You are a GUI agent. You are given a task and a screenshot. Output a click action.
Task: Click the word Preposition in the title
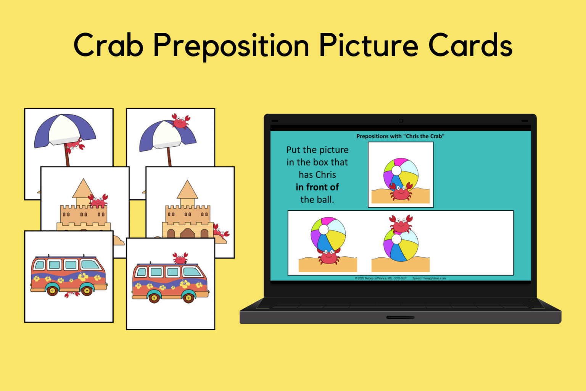pyautogui.click(x=231, y=46)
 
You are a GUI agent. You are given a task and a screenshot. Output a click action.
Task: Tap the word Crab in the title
pyautogui.click(x=108, y=46)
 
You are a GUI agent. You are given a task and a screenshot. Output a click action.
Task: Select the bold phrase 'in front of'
pyautogui.click(x=317, y=187)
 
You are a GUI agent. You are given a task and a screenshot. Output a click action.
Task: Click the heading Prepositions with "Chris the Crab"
pyautogui.click(x=400, y=136)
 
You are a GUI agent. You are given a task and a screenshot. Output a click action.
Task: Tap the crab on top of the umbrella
pyautogui.click(x=180, y=121)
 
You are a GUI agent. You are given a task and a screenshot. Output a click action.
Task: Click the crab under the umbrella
pyautogui.click(x=76, y=145)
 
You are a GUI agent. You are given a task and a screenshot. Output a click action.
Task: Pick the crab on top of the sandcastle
pyautogui.click(x=98, y=200)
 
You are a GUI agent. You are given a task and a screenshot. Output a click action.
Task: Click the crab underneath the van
pyautogui.click(x=72, y=294)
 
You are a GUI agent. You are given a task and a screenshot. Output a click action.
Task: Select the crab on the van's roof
pyautogui.click(x=180, y=258)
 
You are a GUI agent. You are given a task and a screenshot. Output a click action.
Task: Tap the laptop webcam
pyautogui.click(x=401, y=121)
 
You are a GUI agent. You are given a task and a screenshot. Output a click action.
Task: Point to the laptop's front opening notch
pyautogui.click(x=400, y=317)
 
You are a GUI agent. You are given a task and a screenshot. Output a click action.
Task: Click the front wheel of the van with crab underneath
pyautogui.click(x=87, y=291)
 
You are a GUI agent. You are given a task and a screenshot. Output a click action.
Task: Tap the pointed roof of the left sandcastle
pyautogui.click(x=83, y=188)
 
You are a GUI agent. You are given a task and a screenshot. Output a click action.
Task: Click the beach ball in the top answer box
pyautogui.click(x=401, y=174)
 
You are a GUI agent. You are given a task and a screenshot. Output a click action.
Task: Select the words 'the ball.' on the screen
pyautogui.click(x=317, y=200)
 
